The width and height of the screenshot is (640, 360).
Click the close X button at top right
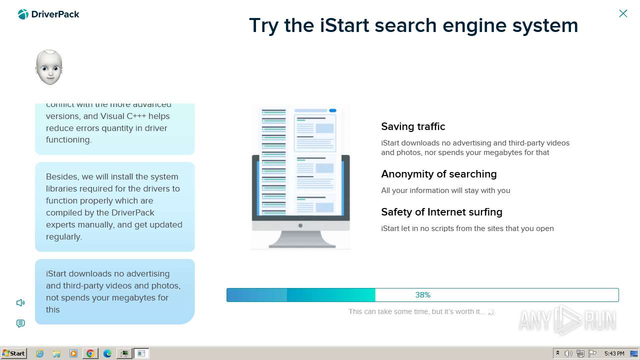point(623,13)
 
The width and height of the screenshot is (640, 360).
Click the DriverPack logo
point(48,14)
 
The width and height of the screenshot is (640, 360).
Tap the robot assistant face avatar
point(49,67)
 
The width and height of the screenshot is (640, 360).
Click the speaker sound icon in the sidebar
point(20,302)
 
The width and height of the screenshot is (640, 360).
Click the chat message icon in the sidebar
point(20,323)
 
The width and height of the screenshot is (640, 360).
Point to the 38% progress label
point(422,295)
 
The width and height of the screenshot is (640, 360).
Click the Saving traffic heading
point(413,126)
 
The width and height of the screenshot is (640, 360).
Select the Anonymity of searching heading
point(438,174)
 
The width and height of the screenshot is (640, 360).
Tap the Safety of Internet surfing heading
point(441,212)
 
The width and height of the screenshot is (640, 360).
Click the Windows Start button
point(14,353)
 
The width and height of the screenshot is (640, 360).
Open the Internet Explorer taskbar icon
point(40,353)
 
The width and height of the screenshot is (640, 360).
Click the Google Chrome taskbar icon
point(90,353)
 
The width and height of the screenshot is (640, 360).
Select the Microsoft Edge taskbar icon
point(107,353)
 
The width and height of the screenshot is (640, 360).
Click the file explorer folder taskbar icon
point(56,353)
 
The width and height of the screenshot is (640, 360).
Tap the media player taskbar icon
point(73,353)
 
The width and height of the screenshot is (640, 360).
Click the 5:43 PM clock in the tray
point(614,353)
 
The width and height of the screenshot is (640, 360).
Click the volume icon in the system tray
point(568,353)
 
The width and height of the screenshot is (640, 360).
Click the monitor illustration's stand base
point(301,244)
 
